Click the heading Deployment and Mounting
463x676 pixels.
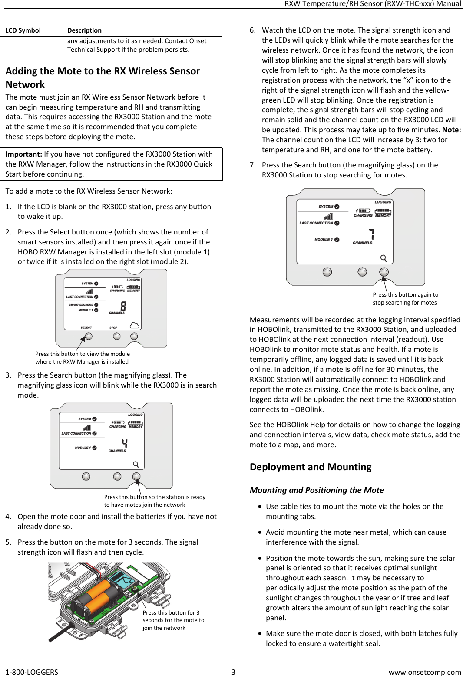[x=310, y=467]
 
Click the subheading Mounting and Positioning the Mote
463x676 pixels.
[x=317, y=490]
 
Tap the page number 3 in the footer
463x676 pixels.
[x=233, y=672]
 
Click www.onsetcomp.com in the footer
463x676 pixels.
[x=424, y=672]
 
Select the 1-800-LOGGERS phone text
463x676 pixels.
[x=32, y=672]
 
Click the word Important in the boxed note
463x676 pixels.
[x=23, y=154]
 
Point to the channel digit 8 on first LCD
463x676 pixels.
[x=123, y=306]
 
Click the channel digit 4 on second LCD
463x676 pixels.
[x=125, y=443]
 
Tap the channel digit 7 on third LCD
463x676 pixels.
[x=371, y=234]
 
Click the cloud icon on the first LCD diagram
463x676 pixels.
[x=135, y=325]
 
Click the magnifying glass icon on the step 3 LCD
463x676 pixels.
[x=136, y=464]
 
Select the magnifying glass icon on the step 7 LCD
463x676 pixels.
[x=384, y=258]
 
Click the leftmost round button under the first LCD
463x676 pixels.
[x=89, y=336]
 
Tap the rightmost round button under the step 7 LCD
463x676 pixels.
[x=384, y=272]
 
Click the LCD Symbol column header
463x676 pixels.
[x=23, y=30]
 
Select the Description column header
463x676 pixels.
[x=84, y=30]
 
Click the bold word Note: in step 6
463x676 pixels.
[x=451, y=130]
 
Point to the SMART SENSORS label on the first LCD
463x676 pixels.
[x=81, y=305]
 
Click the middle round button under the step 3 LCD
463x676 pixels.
[x=117, y=476]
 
